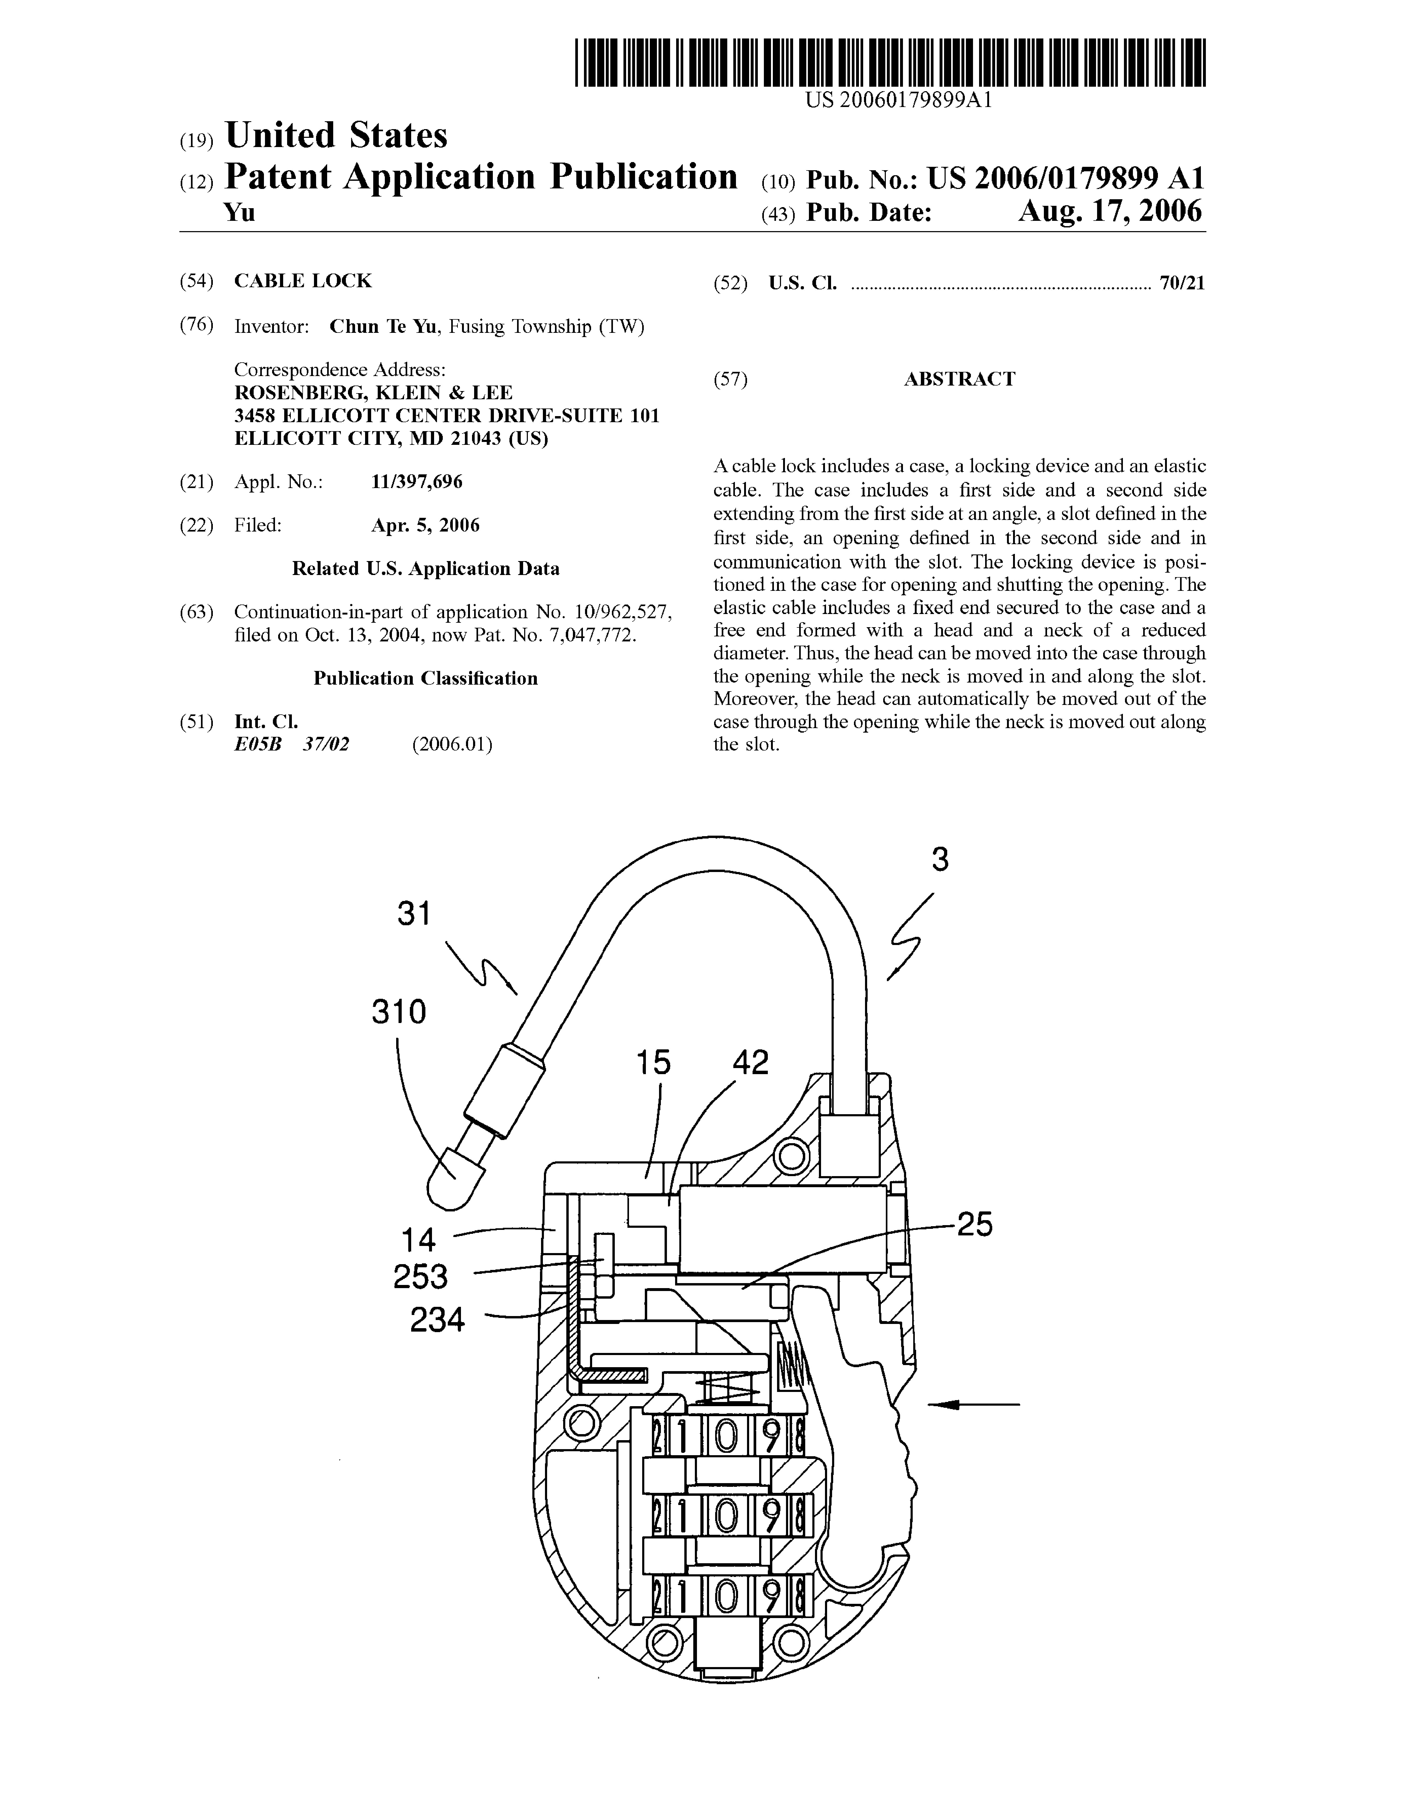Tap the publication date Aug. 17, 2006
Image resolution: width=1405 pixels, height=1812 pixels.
tap(1110, 212)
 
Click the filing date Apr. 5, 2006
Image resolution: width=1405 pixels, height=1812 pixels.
tap(425, 525)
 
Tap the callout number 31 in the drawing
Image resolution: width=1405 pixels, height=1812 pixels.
tap(414, 913)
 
